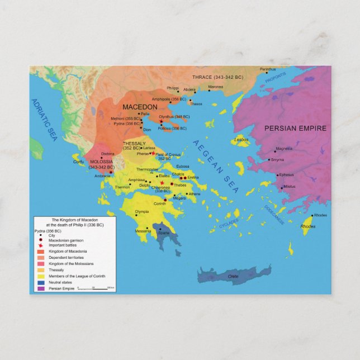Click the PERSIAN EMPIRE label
[x=295, y=128]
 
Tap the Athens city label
[x=194, y=193]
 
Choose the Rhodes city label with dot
[x=320, y=215]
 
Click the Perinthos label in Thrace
[x=268, y=69]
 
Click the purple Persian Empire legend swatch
[x=40, y=288]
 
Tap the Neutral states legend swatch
[x=40, y=282]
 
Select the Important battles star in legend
[x=40, y=247]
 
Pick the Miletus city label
[x=289, y=186]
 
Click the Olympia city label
[x=141, y=212]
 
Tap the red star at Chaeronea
[x=162, y=183]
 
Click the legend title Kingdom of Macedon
[x=74, y=222]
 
